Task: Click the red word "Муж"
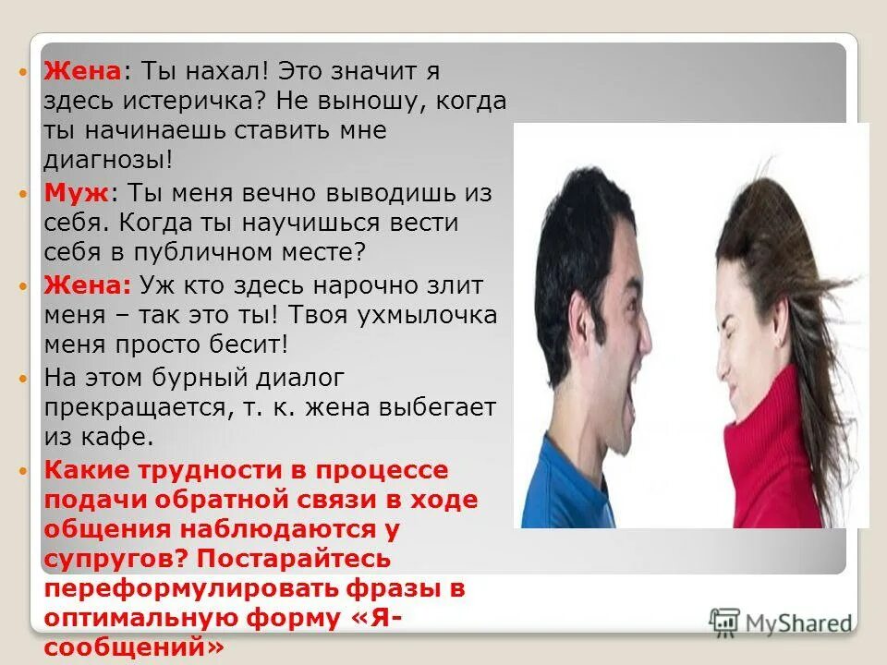pyautogui.click(x=77, y=193)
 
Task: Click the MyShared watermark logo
pyautogui.click(x=781, y=622)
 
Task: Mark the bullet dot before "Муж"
pyautogui.click(x=25, y=194)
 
